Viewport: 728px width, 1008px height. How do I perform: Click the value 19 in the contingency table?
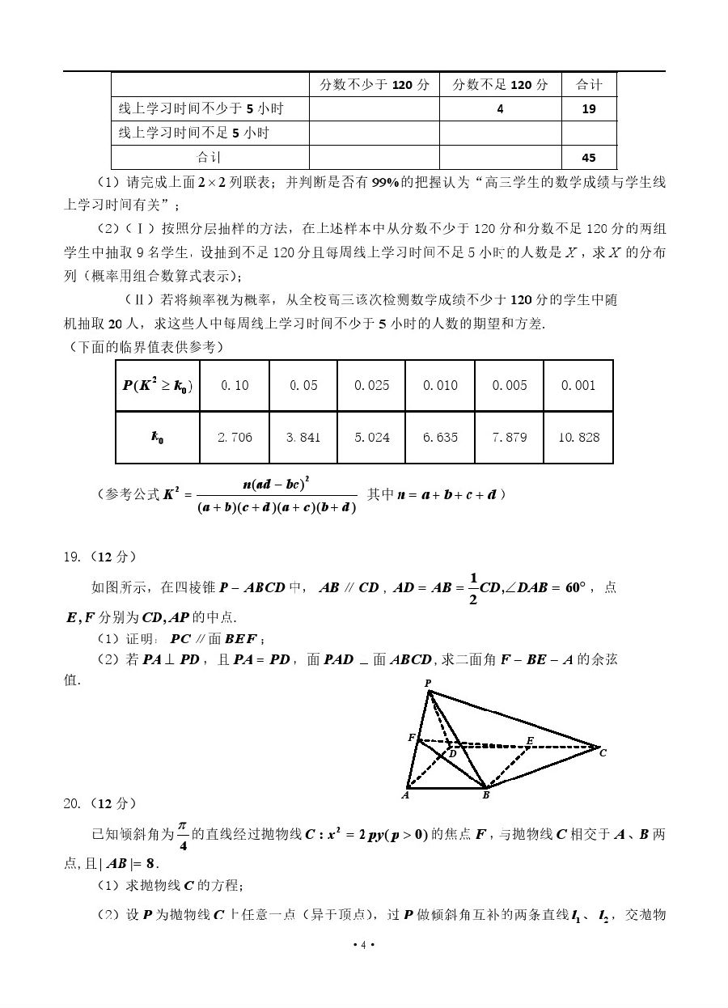click(x=589, y=109)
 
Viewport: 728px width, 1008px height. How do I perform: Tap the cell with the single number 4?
click(x=500, y=109)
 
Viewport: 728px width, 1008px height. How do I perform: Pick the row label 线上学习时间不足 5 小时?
click(x=194, y=133)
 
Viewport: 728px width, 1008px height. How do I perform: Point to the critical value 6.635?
click(x=440, y=437)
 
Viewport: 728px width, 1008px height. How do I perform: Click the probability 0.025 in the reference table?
click(x=371, y=385)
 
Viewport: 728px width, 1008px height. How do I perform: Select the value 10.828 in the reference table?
click(x=578, y=437)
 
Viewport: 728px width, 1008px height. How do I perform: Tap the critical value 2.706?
click(x=235, y=437)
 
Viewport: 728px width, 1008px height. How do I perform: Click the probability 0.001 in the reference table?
click(x=578, y=385)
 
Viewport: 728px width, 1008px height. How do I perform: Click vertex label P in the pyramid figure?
click(x=428, y=684)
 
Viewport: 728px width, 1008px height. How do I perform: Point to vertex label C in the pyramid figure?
click(x=603, y=752)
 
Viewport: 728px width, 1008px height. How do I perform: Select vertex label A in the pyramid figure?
click(x=404, y=795)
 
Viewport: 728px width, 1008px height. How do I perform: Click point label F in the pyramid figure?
click(x=411, y=738)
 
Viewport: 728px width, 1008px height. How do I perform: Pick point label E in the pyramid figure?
click(x=530, y=740)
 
